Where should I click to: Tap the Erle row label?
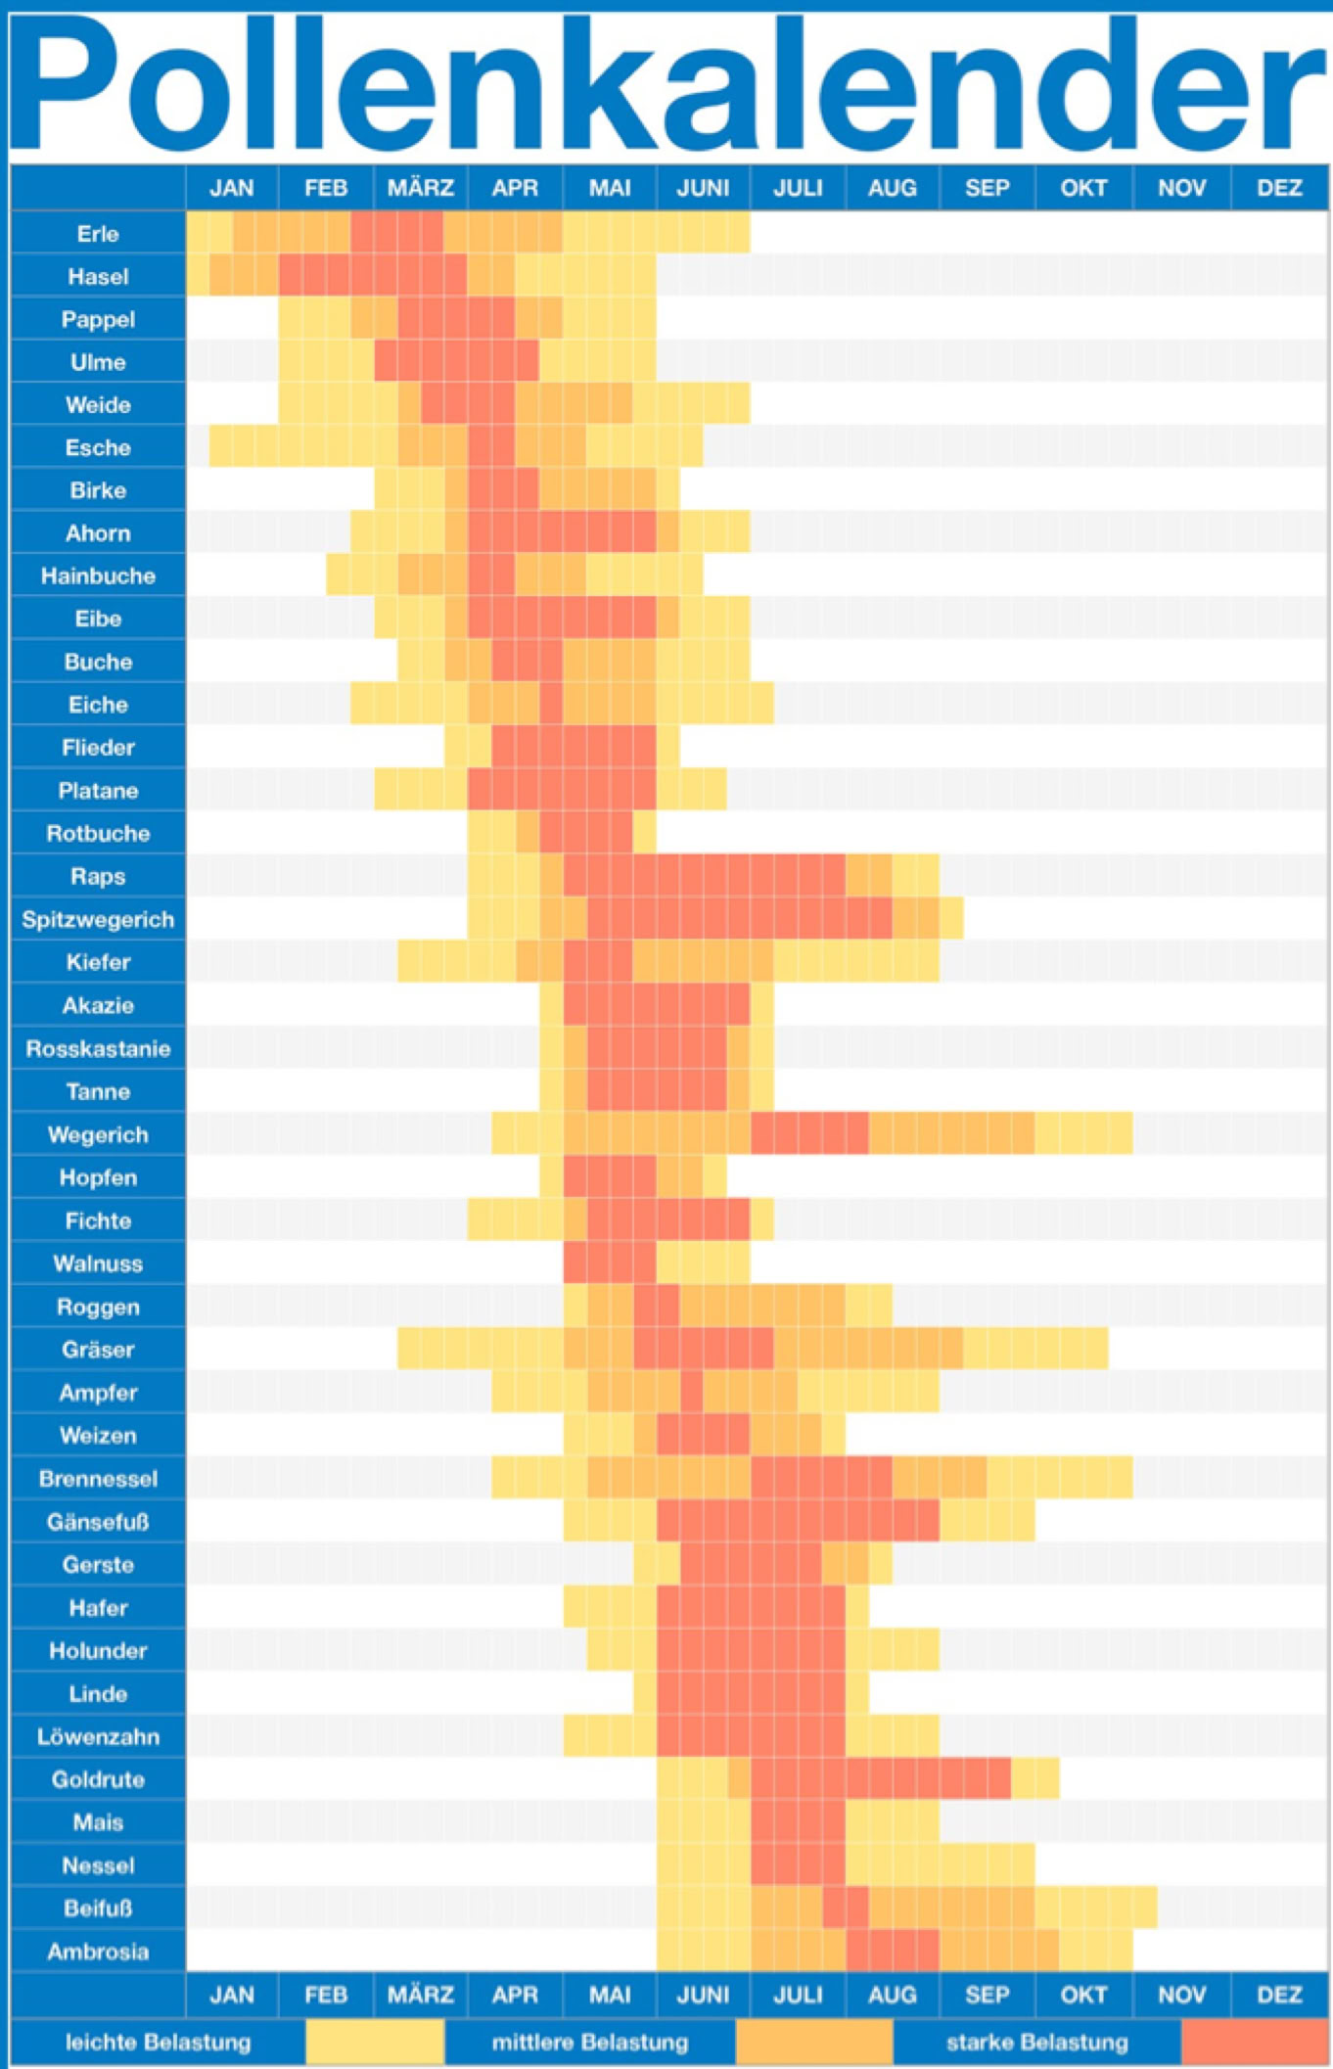point(98,234)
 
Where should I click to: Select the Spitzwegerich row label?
point(98,920)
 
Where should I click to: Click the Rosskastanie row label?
point(98,1049)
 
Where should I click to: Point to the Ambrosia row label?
point(98,1952)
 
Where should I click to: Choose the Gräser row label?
point(98,1350)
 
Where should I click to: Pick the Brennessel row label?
point(98,1479)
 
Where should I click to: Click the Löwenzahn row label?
point(98,1737)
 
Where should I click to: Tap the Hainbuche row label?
point(98,576)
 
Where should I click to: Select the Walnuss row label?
point(98,1264)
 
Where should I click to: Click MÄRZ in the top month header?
point(420,188)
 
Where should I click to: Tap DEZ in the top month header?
point(1279,188)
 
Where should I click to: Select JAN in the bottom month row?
point(232,1995)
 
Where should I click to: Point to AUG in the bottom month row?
point(892,1995)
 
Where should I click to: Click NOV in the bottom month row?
point(1181,1995)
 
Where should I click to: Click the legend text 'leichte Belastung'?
point(158,2043)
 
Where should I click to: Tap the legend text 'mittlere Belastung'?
point(589,2043)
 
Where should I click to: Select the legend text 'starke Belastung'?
point(1036,2043)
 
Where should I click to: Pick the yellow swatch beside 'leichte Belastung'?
point(375,2043)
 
